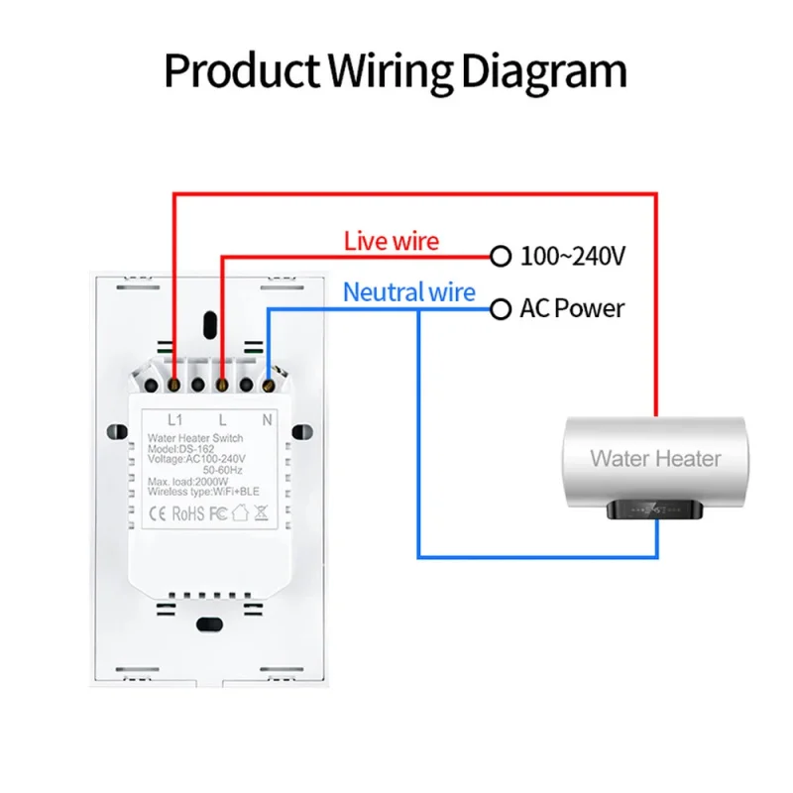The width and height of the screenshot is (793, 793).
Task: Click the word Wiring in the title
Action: (x=391, y=72)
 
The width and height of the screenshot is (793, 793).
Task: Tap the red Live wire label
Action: (x=392, y=241)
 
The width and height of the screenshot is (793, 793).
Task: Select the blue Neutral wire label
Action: (x=409, y=292)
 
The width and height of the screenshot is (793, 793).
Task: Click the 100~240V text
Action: (x=573, y=256)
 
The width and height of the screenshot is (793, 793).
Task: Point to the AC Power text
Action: (x=572, y=308)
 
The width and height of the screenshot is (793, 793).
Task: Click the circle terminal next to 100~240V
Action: (x=501, y=256)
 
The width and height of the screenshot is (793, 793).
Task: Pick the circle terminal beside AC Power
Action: (x=501, y=309)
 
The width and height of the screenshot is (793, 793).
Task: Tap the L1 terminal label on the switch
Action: (x=175, y=419)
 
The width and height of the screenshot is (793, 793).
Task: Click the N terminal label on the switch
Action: (x=267, y=419)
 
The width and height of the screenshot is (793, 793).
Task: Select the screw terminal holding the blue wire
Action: (x=268, y=386)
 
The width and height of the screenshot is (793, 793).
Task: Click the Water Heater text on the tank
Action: (x=655, y=459)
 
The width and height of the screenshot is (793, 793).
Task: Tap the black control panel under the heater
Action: (x=655, y=510)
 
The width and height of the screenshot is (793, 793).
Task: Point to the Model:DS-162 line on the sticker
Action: (x=180, y=449)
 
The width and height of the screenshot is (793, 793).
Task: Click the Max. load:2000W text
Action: (x=187, y=482)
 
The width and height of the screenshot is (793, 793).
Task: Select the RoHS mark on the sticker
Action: (x=188, y=513)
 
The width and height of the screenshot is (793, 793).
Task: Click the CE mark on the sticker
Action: (x=158, y=513)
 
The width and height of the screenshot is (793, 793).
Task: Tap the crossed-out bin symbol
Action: (x=261, y=512)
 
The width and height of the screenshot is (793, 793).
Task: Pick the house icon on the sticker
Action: (x=240, y=512)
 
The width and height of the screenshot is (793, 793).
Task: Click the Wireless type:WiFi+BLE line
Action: (x=203, y=492)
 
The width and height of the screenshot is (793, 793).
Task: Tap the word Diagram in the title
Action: (x=544, y=72)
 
